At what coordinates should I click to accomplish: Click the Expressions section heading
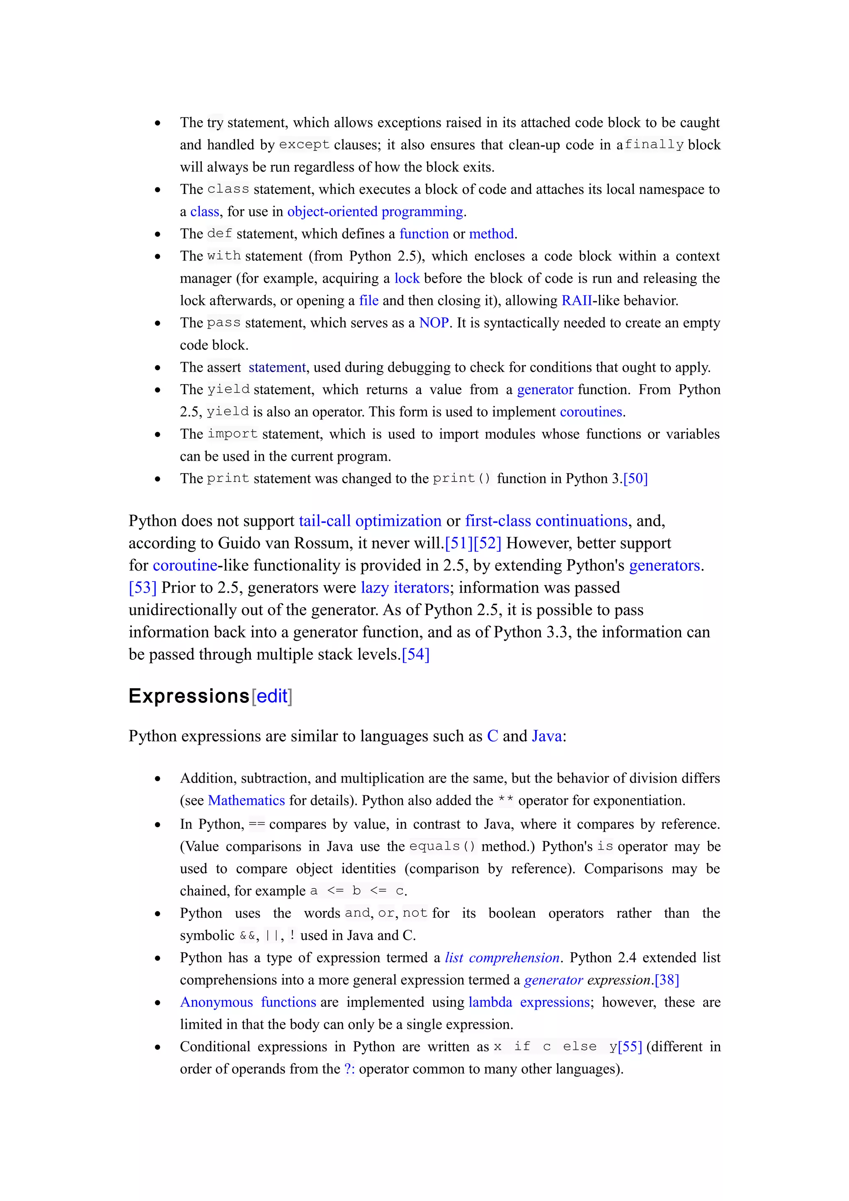click(x=189, y=696)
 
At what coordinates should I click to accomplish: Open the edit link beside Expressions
click(x=272, y=696)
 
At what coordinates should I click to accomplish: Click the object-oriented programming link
click(x=375, y=211)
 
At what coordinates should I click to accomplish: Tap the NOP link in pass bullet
click(x=434, y=323)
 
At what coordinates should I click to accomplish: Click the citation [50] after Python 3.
click(x=635, y=479)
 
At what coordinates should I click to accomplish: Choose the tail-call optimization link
click(x=370, y=521)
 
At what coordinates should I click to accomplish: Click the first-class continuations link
click(x=546, y=521)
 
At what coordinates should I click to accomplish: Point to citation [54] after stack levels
click(x=415, y=654)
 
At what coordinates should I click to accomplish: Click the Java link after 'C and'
click(x=547, y=736)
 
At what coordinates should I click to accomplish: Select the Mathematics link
click(x=246, y=800)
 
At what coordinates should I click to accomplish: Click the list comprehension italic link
click(x=502, y=958)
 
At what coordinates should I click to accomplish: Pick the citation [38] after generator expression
click(x=667, y=980)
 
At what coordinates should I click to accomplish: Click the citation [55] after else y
click(x=629, y=1047)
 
